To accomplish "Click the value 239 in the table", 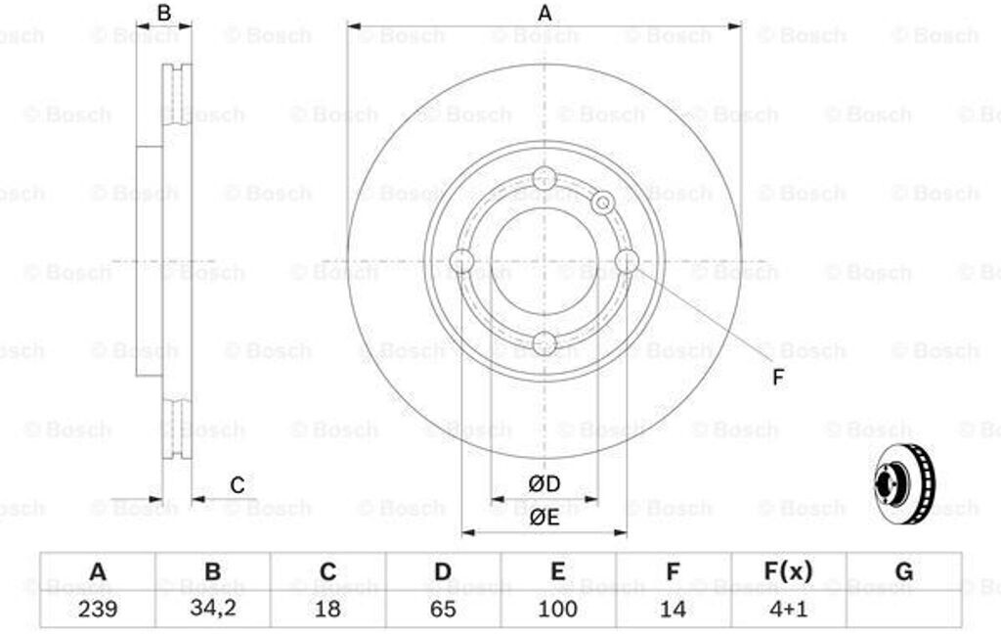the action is [98, 609].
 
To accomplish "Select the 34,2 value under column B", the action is [212, 609].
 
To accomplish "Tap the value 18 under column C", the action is [327, 609].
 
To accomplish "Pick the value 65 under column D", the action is [443, 609].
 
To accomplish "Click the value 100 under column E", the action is [557, 609].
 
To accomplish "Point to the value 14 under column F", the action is [673, 609].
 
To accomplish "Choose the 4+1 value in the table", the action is [788, 609].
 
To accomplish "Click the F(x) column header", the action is [788, 570].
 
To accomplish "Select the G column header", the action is [904, 570].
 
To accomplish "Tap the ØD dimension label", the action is [544, 483].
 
